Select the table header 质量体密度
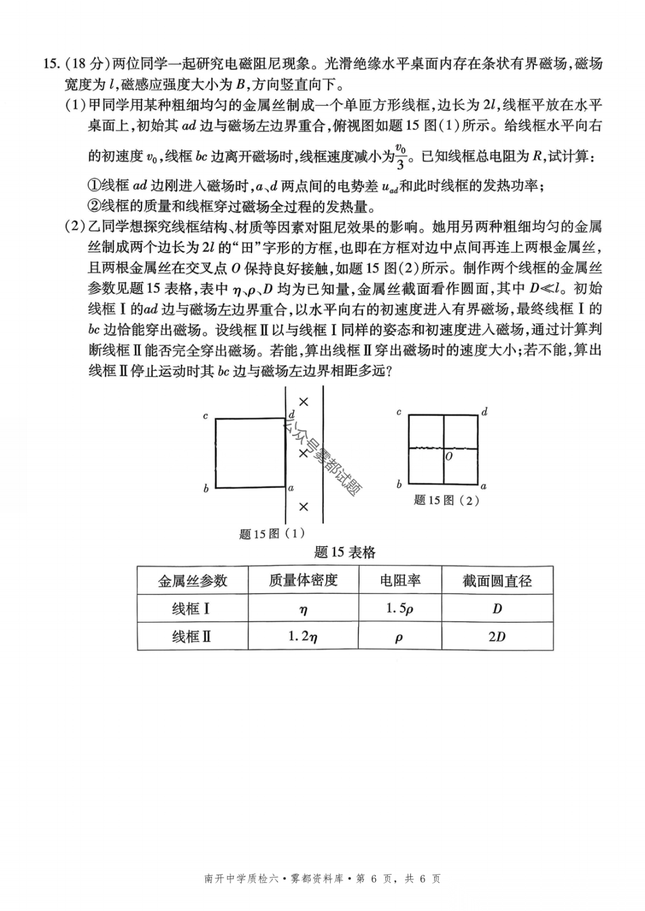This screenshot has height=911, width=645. point(303,580)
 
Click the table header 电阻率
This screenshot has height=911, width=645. point(400,580)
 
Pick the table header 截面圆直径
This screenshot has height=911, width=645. point(497,580)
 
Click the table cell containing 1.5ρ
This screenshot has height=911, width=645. point(400,609)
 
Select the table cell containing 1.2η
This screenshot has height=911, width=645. point(303,637)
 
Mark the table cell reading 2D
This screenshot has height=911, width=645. point(497,637)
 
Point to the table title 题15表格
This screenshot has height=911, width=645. point(345,552)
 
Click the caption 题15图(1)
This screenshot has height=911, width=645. point(272,533)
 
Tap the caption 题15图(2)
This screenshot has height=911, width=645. point(447,500)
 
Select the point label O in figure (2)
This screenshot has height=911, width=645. point(449,456)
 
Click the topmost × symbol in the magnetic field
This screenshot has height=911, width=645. point(303,402)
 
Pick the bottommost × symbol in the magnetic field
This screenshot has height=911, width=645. point(303,507)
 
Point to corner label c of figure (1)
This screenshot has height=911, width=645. point(205,416)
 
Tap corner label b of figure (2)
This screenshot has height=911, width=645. point(399,484)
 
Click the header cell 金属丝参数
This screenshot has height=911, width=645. point(192,580)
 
